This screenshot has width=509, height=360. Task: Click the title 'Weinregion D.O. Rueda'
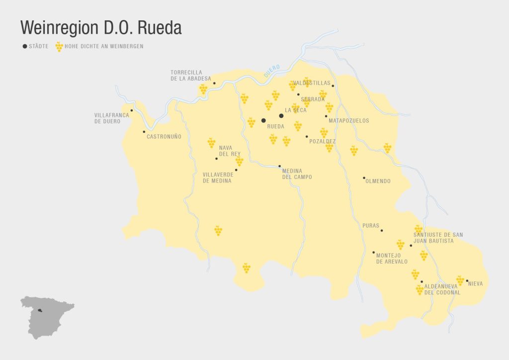coord(100,28)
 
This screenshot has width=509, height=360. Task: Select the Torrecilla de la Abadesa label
coord(190,76)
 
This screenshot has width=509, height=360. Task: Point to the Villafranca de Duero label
coord(111,118)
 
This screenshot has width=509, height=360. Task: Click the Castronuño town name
coord(164,136)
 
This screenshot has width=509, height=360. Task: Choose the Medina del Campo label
coord(297,174)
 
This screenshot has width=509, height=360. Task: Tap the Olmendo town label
coord(378,181)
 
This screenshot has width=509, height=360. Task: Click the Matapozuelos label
coord(349,121)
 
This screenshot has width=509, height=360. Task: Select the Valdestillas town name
coord(312,83)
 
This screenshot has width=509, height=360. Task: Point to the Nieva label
coord(476,284)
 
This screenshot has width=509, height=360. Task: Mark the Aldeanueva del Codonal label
coord(442,289)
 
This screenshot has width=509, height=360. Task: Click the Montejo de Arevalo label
coord(392,259)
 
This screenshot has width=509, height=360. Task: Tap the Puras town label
coord(371,226)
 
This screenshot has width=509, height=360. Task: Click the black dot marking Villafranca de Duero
coord(132,110)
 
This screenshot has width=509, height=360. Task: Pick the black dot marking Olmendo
coord(364,178)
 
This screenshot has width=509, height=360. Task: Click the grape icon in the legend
coord(59,47)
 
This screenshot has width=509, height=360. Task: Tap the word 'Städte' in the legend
coord(39,47)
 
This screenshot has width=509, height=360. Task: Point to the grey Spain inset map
coord(46,316)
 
